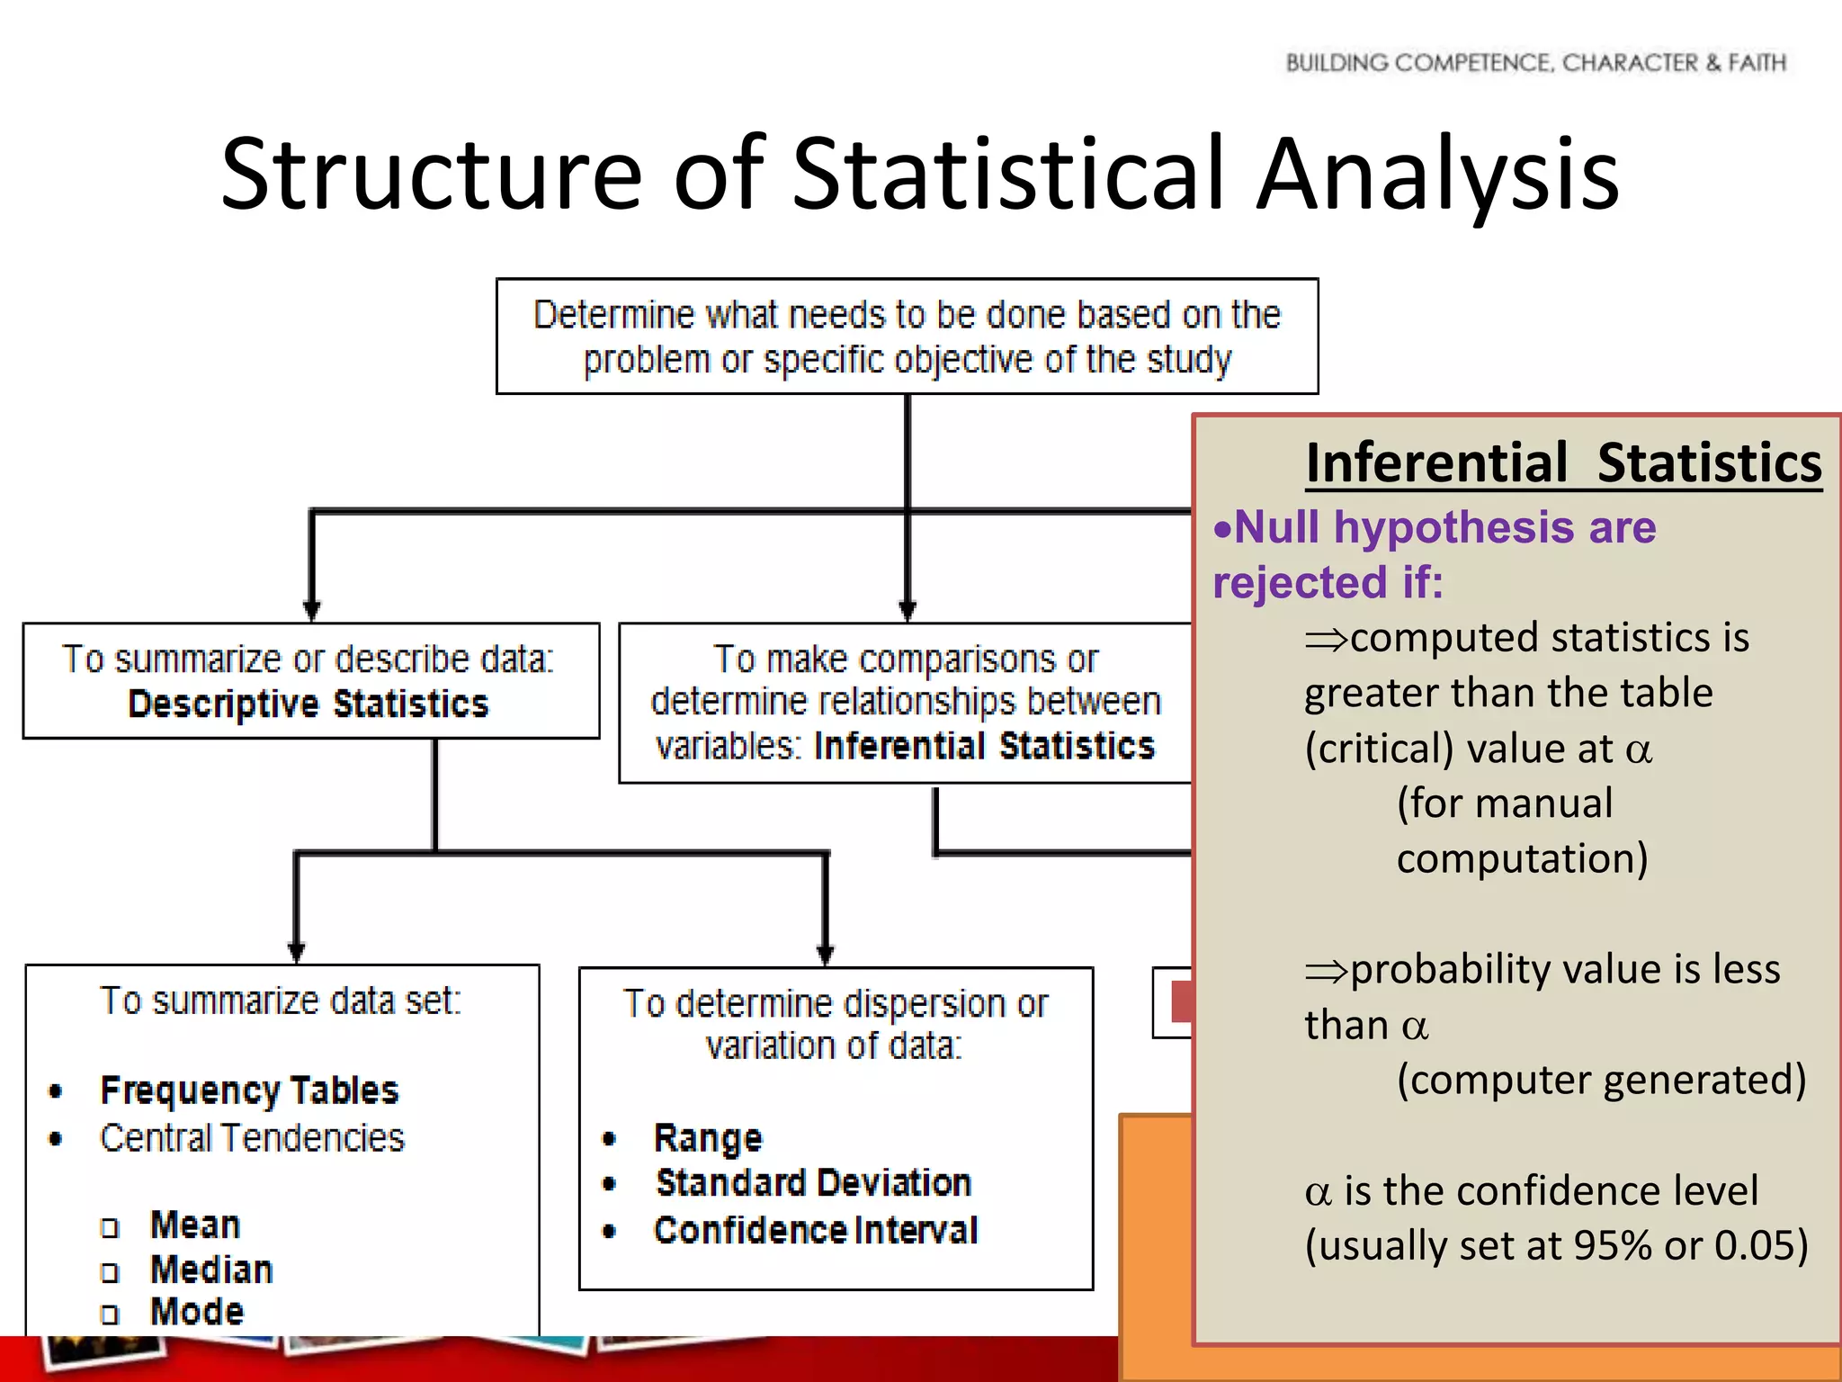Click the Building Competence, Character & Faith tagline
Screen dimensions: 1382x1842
click(x=1535, y=63)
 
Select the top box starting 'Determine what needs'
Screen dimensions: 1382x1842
click(x=907, y=337)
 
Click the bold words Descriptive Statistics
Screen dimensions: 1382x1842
click(x=308, y=704)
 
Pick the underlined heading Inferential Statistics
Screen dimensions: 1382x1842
click(x=1563, y=463)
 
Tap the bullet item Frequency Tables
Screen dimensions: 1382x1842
click(x=249, y=1090)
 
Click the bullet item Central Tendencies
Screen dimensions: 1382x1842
click(x=252, y=1138)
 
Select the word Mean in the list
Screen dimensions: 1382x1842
click(x=195, y=1225)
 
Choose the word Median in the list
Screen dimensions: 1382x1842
click(x=211, y=1270)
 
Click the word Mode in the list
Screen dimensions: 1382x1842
click(x=197, y=1312)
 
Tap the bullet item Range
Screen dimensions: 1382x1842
click(x=708, y=1138)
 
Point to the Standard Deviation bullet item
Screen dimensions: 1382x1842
click(x=813, y=1183)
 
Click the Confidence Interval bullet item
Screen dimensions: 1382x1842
click(x=815, y=1231)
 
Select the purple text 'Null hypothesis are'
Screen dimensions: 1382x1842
click(x=1444, y=527)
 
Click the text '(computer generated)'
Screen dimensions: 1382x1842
click(x=1601, y=1080)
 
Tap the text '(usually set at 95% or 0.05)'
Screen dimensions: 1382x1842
click(x=1556, y=1246)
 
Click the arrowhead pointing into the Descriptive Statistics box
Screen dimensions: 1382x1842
click(x=311, y=611)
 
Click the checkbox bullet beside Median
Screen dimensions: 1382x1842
click(x=110, y=1272)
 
